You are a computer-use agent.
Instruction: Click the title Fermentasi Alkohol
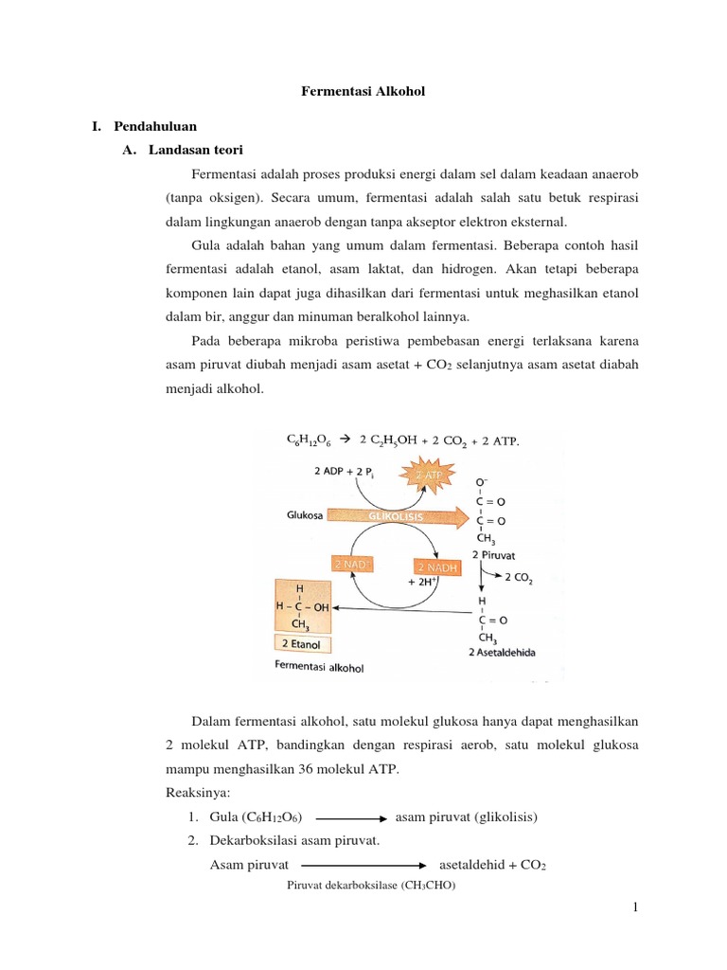pos(363,92)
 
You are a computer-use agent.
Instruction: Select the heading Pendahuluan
pos(155,125)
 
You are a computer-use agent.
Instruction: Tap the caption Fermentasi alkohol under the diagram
pos(318,667)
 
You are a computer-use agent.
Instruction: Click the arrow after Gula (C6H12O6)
pos(349,817)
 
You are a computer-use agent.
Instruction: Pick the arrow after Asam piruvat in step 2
pos(363,865)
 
